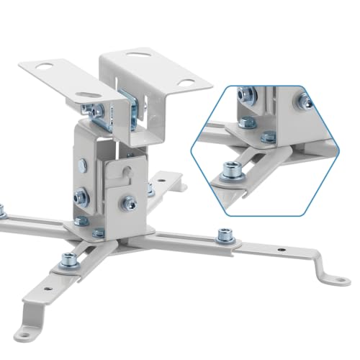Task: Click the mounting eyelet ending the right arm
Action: [336, 274]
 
